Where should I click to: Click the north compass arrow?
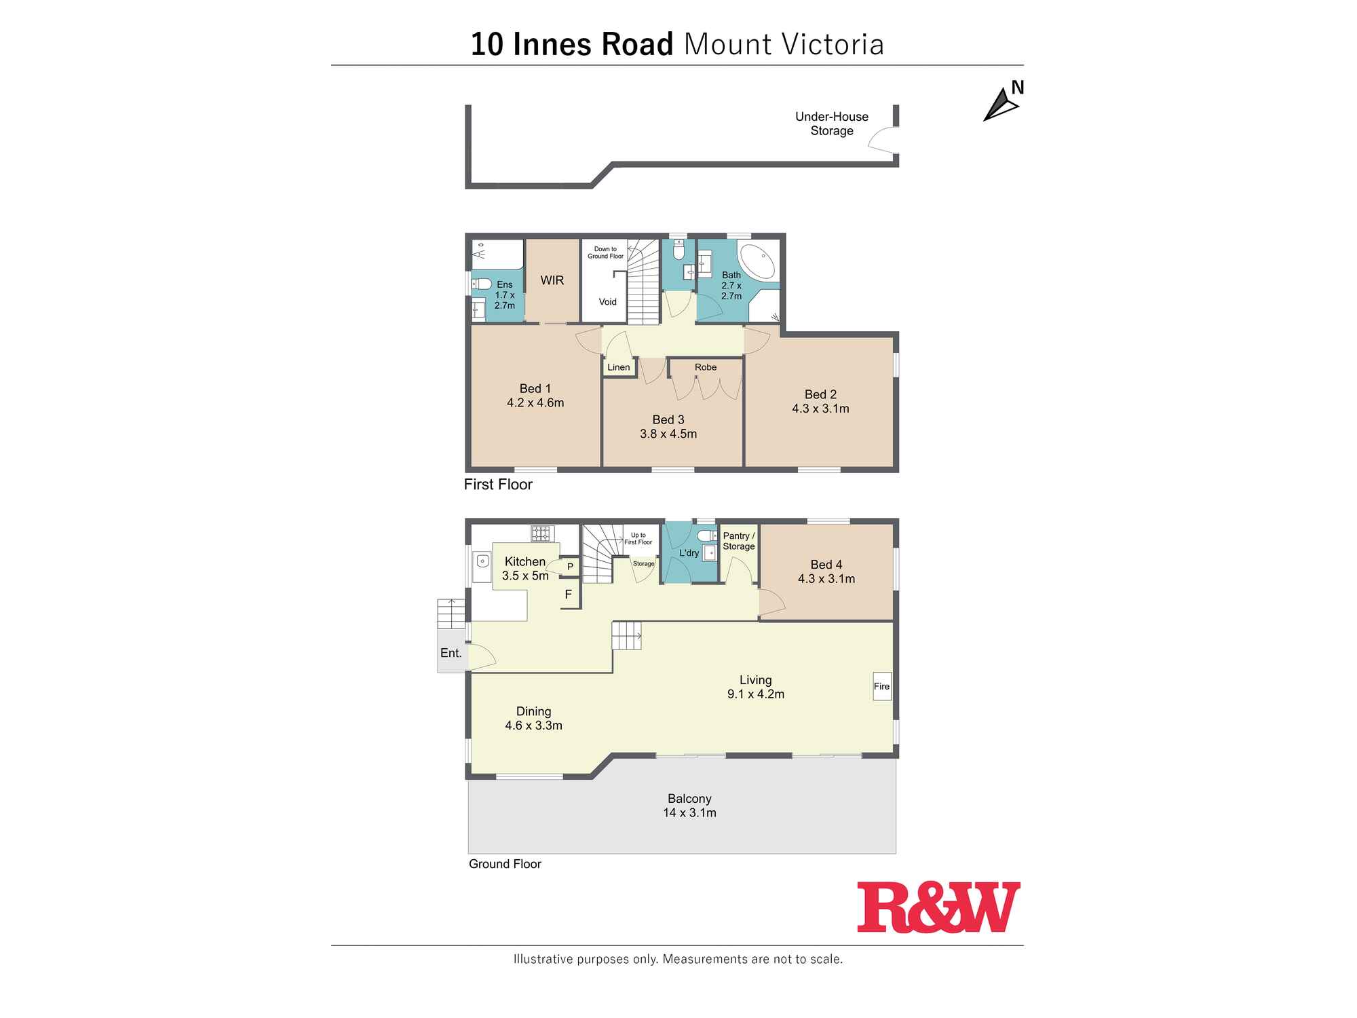tap(1000, 106)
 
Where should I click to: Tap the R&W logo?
tap(938, 907)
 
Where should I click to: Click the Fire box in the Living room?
tap(881, 686)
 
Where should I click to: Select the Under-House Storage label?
tap(831, 124)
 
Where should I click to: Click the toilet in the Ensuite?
tap(481, 284)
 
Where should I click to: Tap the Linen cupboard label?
tap(618, 367)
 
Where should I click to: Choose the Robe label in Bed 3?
tap(705, 367)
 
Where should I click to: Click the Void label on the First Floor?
tap(607, 302)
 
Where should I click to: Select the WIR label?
tap(552, 280)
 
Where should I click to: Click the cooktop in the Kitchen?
tap(542, 533)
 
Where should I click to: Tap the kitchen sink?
tap(482, 561)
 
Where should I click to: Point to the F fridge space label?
tap(568, 595)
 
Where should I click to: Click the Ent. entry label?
tap(451, 653)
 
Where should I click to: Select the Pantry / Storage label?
tap(738, 541)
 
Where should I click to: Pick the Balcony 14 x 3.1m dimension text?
tap(689, 813)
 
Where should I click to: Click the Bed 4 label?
tap(826, 565)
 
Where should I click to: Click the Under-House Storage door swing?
tap(884, 141)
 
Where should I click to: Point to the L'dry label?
tap(689, 553)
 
